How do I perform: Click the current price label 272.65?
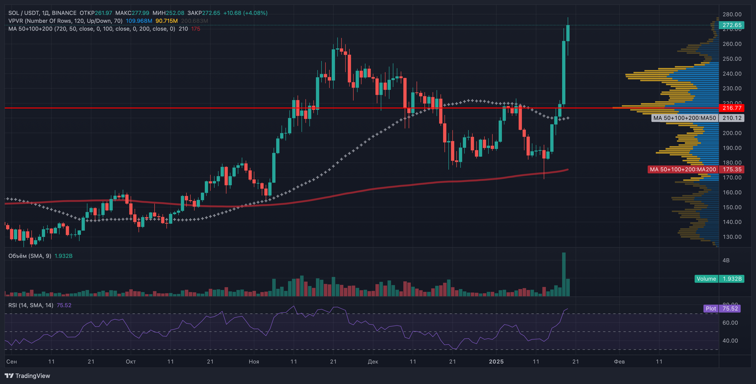732,25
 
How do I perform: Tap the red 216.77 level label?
732,108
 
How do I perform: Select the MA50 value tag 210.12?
732,118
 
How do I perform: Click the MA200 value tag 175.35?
732,169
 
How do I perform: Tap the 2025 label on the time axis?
496,361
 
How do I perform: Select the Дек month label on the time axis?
373,361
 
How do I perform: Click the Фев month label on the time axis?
619,361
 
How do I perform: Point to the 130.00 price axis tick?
732,237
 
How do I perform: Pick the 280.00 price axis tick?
732,14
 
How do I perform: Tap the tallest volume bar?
564,275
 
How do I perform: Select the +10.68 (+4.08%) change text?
245,13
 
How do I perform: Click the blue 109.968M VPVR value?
139,21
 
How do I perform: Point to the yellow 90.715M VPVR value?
166,21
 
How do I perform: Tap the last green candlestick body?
568,33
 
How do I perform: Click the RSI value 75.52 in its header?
64,305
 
